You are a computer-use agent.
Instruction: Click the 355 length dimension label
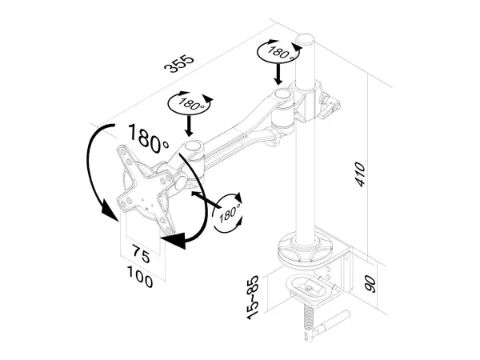179,64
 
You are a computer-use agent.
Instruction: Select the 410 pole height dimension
360,174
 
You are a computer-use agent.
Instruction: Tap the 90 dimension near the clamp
370,284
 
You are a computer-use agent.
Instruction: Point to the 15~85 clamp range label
254,298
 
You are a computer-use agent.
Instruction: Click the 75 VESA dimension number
141,254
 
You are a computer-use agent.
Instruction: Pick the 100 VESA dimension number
140,277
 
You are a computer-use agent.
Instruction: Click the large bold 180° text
149,138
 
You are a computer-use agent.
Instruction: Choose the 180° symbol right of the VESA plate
228,213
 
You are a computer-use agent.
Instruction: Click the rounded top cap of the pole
305,40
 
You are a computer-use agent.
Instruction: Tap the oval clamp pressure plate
309,287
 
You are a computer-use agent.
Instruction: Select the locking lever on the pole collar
330,108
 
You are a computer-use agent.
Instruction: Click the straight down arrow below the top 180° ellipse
278,74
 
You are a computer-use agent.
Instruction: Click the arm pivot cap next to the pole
283,94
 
